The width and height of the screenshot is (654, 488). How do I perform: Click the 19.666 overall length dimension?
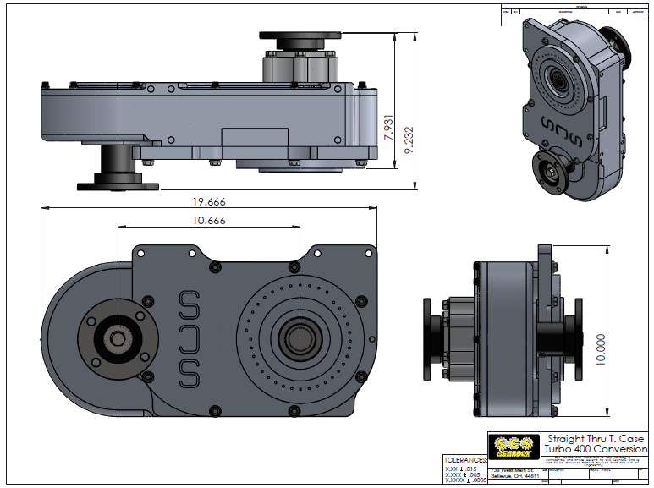[208, 202]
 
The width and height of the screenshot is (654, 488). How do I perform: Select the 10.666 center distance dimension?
[208, 221]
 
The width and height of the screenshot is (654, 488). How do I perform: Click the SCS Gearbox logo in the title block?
[513, 444]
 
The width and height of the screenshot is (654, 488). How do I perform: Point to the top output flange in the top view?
[303, 39]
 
